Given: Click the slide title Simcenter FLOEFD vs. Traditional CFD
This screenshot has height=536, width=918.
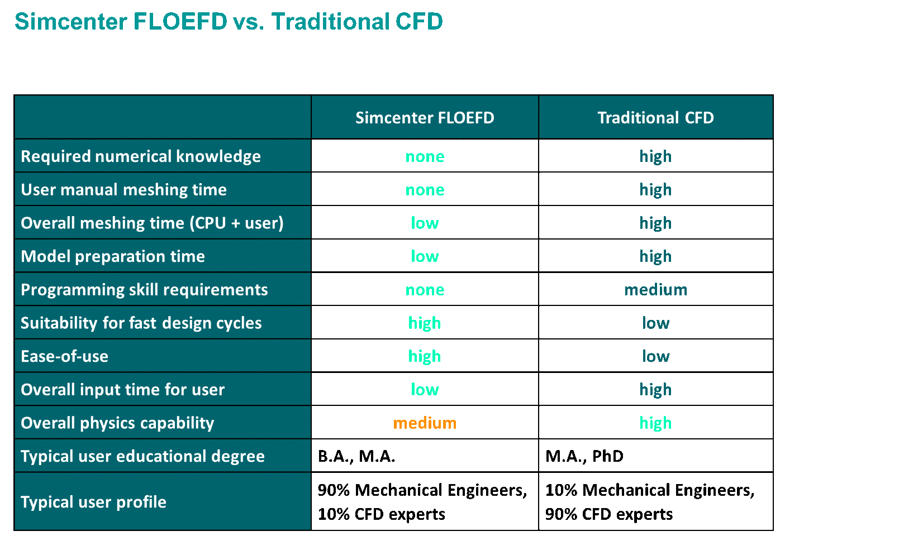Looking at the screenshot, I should [x=229, y=22].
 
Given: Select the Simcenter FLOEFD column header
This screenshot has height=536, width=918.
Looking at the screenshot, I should [x=425, y=118].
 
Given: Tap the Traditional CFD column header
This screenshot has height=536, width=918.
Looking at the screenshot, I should [x=655, y=118].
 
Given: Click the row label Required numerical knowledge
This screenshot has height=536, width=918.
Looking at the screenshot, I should [x=141, y=156].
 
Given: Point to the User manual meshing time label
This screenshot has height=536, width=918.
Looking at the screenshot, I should [x=123, y=190].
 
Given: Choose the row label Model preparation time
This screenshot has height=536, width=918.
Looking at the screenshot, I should [x=113, y=256].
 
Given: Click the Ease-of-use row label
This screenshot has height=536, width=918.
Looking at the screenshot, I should [x=65, y=356].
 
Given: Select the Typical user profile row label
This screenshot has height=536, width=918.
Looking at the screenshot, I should [x=93, y=502].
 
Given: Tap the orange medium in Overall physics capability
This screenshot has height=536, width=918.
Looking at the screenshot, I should [x=425, y=423].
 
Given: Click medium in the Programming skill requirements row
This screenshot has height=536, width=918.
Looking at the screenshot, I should [x=655, y=290].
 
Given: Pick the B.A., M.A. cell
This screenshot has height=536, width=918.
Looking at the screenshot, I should [x=356, y=456].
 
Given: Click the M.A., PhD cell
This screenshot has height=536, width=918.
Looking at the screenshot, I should [x=584, y=456].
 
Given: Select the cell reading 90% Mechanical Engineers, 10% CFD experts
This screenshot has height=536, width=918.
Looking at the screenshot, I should [x=422, y=502].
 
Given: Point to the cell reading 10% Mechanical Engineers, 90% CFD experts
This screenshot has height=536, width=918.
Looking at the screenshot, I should [x=650, y=502].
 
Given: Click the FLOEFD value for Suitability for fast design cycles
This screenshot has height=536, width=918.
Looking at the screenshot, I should [x=425, y=323].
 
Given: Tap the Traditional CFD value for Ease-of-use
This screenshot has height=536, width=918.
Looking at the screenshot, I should [x=655, y=356].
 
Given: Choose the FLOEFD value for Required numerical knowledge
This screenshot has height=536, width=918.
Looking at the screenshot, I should [x=425, y=156].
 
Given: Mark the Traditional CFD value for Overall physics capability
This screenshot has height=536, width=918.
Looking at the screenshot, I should [x=655, y=423].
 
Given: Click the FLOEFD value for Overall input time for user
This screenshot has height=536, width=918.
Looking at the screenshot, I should [x=425, y=390].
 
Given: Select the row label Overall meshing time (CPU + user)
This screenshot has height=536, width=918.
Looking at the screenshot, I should [x=152, y=223].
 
